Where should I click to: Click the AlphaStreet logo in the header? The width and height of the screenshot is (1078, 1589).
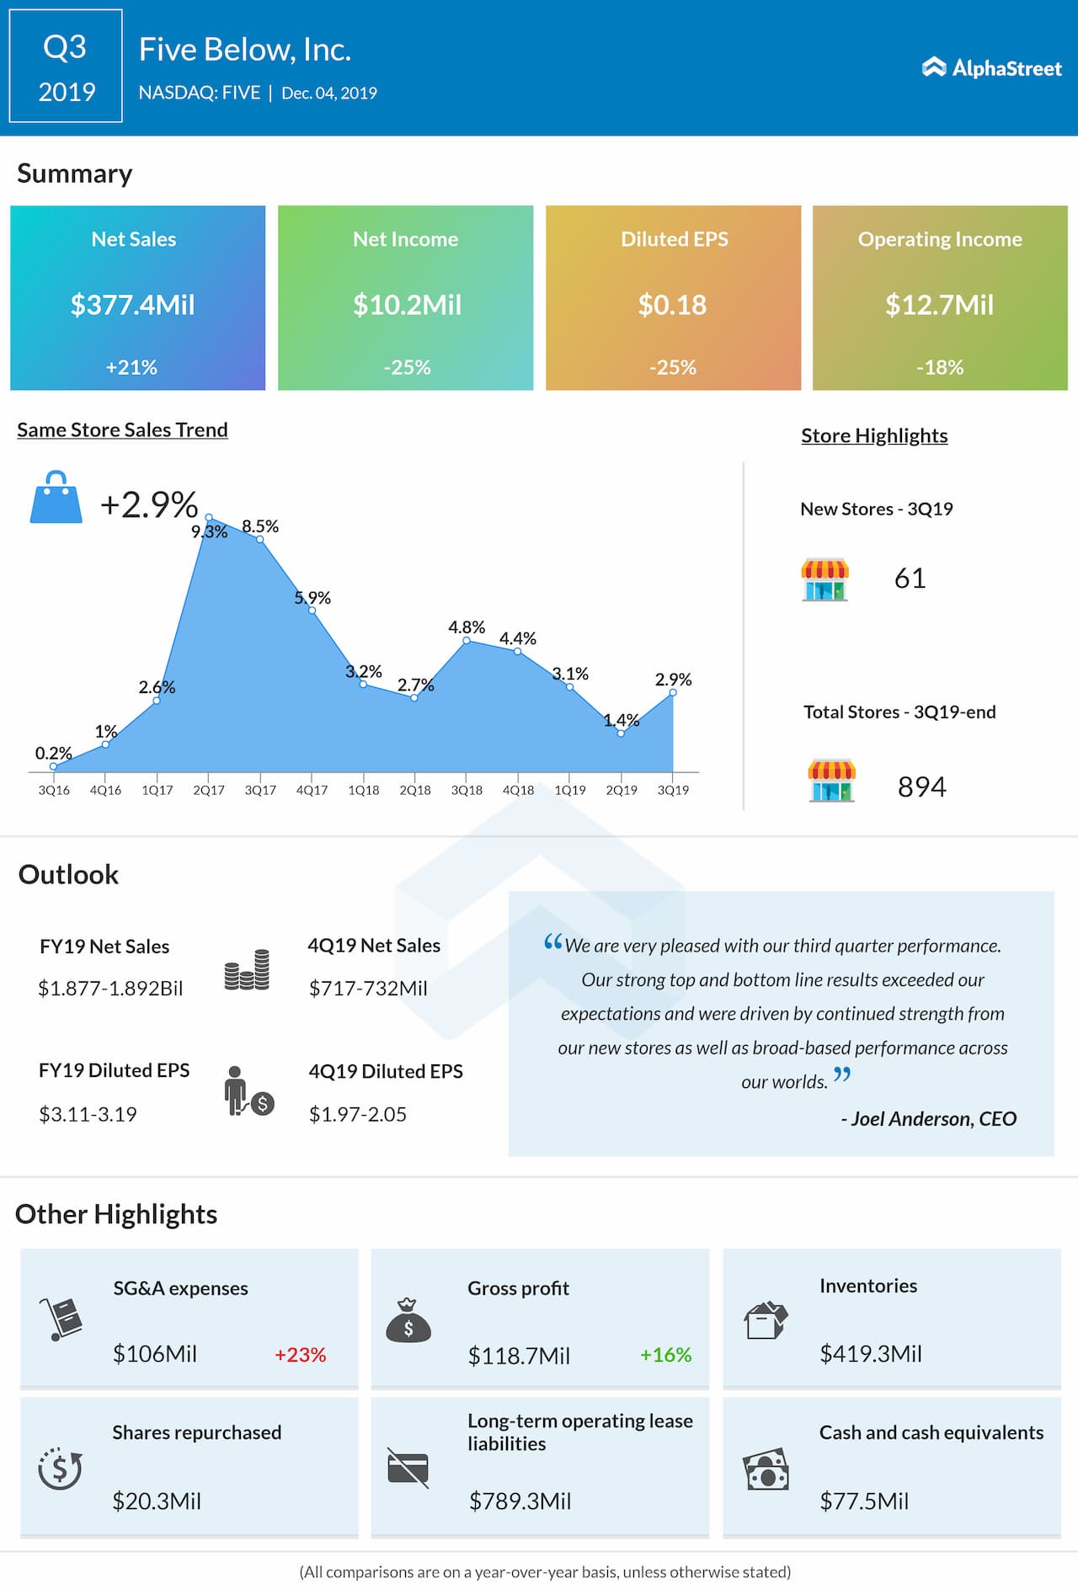[991, 68]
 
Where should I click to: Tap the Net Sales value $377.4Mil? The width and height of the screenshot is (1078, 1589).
[133, 305]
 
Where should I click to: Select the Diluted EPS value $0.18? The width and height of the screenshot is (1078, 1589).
[672, 305]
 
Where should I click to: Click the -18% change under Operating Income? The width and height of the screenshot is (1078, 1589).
[940, 367]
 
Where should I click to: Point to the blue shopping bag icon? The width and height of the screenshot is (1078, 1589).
[56, 498]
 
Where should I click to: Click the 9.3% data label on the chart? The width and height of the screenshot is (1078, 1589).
[209, 531]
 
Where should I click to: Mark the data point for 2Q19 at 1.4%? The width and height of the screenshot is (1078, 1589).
[621, 733]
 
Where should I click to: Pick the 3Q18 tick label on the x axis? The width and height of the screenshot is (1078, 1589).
[467, 790]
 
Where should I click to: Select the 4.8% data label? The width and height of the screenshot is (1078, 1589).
[467, 627]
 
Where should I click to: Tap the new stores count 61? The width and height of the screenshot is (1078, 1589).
[910, 579]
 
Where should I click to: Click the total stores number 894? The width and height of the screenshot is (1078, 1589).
[921, 787]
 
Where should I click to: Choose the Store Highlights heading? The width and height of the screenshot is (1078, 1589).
[874, 435]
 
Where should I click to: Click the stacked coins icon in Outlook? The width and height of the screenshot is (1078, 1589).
[247, 970]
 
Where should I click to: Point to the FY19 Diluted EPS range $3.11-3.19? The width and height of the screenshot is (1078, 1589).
[88, 1114]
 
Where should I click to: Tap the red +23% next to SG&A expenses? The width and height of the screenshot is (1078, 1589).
[300, 1355]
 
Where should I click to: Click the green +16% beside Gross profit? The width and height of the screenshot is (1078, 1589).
[665, 1355]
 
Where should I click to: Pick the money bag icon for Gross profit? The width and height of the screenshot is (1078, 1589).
[408, 1320]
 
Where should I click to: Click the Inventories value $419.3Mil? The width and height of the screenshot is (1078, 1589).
[871, 1354]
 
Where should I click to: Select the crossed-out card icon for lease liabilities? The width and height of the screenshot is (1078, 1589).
[408, 1468]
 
